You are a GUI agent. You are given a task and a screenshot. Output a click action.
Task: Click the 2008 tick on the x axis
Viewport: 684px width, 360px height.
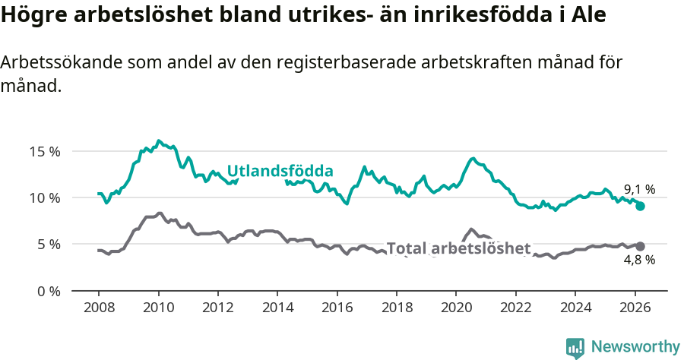click(x=99, y=308)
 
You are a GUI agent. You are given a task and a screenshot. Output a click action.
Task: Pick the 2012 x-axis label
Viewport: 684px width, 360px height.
click(x=218, y=308)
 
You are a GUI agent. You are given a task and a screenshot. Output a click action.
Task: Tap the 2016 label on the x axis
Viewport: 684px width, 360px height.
click(x=337, y=308)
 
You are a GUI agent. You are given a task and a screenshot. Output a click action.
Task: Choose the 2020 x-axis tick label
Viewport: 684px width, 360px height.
click(x=456, y=308)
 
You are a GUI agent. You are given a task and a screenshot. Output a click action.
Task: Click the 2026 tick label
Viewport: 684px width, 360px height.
click(x=635, y=308)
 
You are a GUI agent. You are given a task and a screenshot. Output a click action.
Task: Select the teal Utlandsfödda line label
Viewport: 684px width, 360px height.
click(x=280, y=171)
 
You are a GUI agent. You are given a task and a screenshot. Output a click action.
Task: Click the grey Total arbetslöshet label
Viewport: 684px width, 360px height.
click(x=458, y=248)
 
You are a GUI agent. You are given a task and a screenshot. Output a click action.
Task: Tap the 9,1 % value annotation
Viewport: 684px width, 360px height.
click(x=639, y=190)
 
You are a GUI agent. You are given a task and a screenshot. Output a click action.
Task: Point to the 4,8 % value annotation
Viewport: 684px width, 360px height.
click(x=639, y=260)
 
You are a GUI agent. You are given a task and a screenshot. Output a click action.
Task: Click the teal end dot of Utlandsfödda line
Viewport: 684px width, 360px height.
click(x=640, y=206)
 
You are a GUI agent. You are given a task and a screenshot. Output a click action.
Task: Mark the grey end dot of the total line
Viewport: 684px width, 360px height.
click(x=640, y=246)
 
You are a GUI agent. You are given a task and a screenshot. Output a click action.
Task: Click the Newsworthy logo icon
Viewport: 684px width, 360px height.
click(x=575, y=347)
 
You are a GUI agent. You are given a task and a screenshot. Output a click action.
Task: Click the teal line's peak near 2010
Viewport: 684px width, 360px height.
click(x=158, y=141)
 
